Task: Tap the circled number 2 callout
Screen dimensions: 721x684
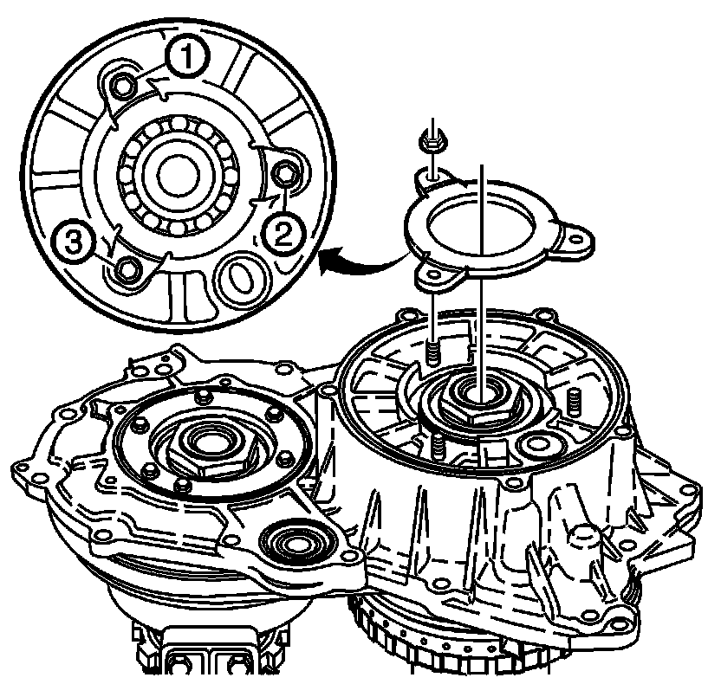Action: point(283,234)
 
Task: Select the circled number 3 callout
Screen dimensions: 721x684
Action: point(74,242)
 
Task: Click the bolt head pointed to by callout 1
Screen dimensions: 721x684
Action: point(123,86)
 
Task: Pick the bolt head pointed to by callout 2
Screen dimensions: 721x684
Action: point(283,174)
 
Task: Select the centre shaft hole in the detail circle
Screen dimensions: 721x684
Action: point(178,175)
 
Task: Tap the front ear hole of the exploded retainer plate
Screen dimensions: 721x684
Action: point(432,274)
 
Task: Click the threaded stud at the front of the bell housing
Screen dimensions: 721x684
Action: point(438,445)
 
